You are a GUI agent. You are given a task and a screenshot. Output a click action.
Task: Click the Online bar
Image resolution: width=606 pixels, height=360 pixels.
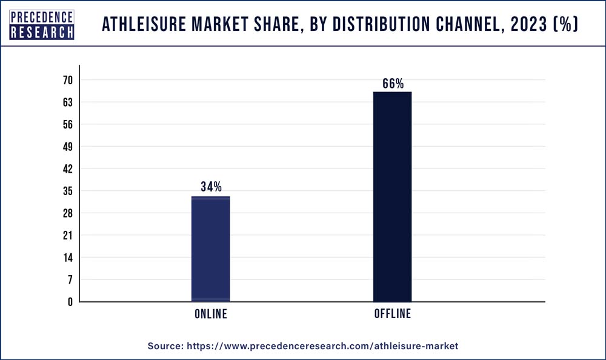[x=210, y=248]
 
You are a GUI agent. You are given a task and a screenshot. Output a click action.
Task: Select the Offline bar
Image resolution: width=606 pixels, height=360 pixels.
[x=392, y=196]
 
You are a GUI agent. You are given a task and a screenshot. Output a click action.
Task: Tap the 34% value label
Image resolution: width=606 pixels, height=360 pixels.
[x=211, y=187]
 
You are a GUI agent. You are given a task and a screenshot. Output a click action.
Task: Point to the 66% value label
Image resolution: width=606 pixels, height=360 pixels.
[x=393, y=84]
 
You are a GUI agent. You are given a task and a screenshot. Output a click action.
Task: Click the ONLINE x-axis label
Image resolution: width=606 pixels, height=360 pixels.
[x=211, y=314]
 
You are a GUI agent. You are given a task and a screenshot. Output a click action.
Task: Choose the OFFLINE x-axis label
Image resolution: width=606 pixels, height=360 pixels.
[x=392, y=314]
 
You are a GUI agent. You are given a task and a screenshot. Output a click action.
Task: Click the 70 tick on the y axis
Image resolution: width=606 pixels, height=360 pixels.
[x=67, y=80]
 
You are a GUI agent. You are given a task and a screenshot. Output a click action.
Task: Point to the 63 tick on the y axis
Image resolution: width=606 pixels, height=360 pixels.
[x=67, y=102]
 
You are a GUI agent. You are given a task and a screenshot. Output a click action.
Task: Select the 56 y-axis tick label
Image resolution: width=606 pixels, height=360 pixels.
[x=67, y=124]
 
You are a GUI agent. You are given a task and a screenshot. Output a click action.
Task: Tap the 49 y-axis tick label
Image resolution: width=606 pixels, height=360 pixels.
[x=67, y=147]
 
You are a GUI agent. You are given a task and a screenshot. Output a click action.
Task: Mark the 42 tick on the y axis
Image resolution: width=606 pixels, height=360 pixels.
[x=67, y=168]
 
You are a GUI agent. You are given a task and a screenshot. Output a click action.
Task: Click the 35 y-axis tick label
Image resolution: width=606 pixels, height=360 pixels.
[x=67, y=191]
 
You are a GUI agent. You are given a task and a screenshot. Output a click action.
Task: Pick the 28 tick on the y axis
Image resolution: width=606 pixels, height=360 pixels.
[x=67, y=213]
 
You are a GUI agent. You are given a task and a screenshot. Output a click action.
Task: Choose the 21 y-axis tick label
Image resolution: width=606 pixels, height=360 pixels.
[x=67, y=235]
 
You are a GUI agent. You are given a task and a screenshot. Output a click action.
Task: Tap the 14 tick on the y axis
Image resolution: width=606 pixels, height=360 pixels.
[x=67, y=258]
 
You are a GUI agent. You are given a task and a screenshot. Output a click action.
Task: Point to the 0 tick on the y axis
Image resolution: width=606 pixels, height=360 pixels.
[x=70, y=302]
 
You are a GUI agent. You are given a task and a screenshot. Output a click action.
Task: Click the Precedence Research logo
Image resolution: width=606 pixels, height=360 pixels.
[x=42, y=25]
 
